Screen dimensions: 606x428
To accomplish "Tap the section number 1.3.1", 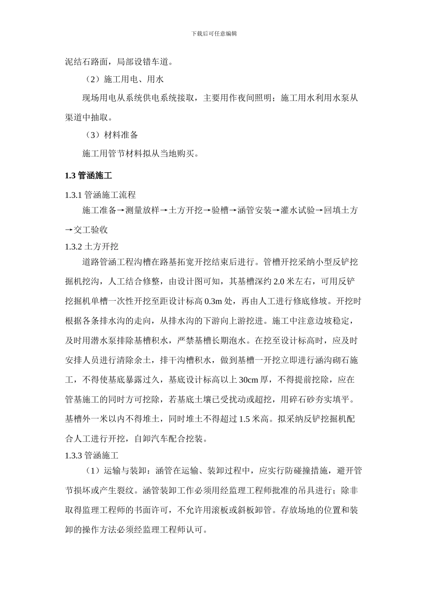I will coord(73,195).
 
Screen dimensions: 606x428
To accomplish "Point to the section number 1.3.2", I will coord(73,247).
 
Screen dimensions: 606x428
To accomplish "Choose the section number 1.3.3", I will coord(73,455).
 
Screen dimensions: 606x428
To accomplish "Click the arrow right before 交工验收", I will coord(69,230).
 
